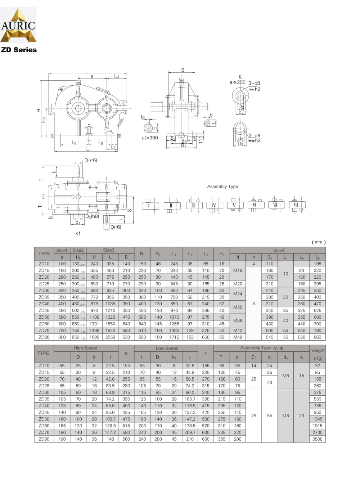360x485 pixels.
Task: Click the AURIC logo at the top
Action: tap(18, 25)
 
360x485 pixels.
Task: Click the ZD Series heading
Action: tap(19, 50)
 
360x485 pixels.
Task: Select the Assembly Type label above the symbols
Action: tap(222, 187)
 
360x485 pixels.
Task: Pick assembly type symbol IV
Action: tap(214, 206)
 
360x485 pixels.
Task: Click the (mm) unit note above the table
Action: tap(318, 242)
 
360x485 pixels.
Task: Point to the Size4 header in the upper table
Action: tap(278, 250)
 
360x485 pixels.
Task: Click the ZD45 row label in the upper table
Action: tap(44, 310)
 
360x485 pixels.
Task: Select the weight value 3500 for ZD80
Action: tap(317, 439)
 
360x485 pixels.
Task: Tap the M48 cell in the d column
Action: tap(238, 337)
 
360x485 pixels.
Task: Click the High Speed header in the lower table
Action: tap(85, 348)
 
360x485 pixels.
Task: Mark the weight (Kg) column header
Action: tap(318, 354)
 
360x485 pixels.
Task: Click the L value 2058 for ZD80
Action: tap(110, 337)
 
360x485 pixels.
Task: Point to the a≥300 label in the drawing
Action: tap(150, 138)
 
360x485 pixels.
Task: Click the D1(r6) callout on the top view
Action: tap(91, 160)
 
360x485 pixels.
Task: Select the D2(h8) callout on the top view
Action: tap(92, 216)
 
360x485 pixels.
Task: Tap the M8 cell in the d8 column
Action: tap(285, 416)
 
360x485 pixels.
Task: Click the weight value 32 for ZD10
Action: tap(317, 366)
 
